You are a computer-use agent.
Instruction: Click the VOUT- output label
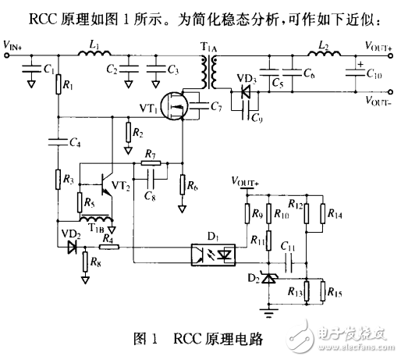coord(381,100)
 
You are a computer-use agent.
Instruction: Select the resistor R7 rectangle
coord(151,164)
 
